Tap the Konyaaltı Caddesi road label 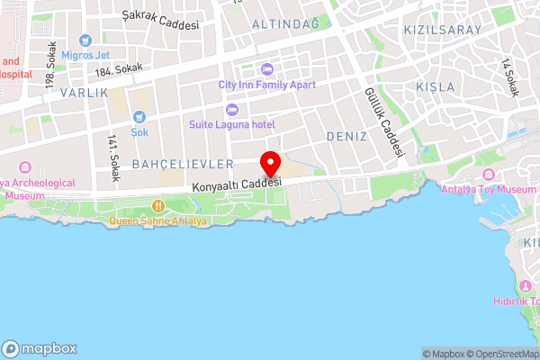[237, 184]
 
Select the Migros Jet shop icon [85, 40]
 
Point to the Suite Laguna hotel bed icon [231, 109]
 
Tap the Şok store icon [139, 117]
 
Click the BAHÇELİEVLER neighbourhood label [183, 164]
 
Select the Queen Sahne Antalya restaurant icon [158, 206]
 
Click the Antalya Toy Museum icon [489, 174]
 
